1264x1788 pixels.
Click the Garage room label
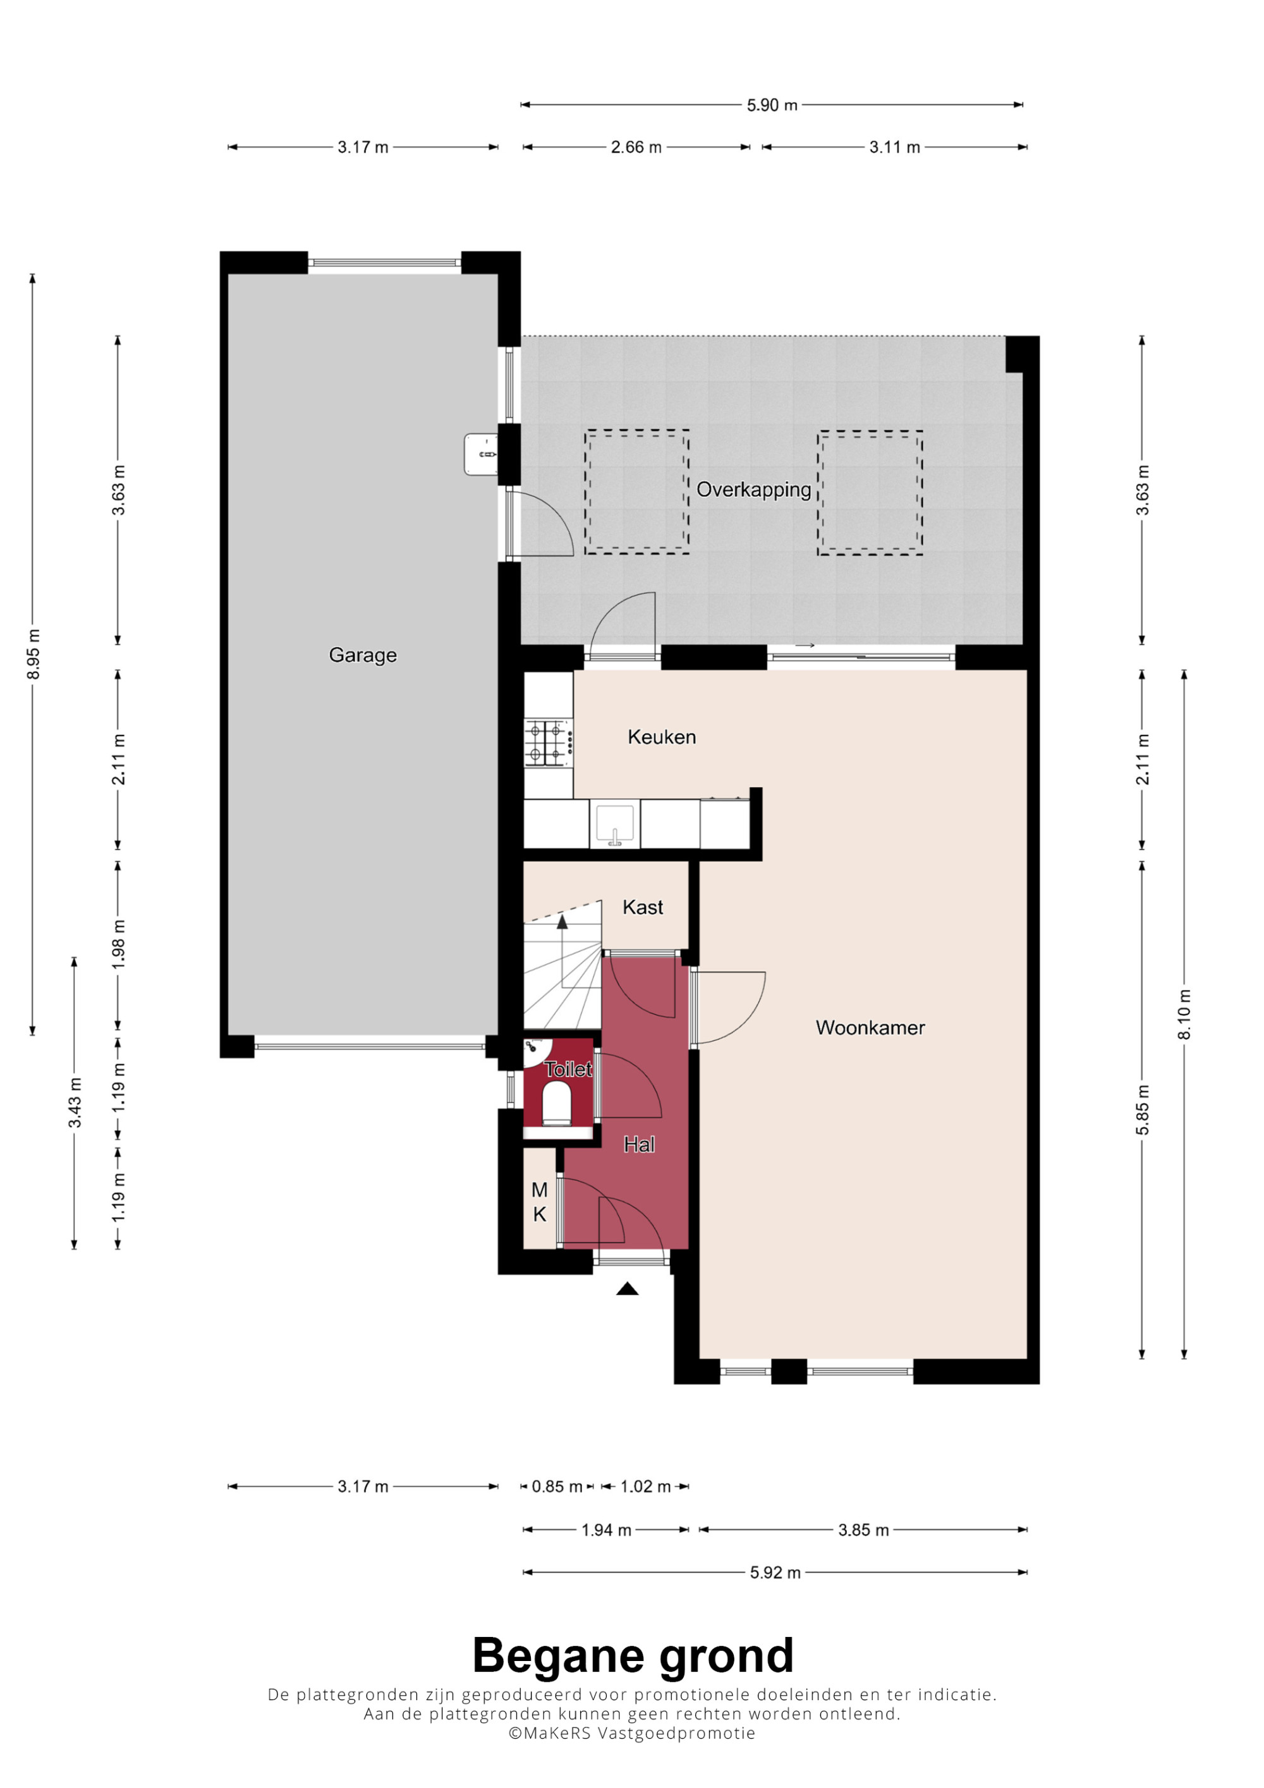[x=362, y=655]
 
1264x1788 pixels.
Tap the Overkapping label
[x=753, y=490]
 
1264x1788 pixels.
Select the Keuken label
[x=661, y=737]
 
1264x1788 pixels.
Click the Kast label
[x=643, y=907]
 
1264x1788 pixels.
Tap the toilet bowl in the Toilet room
[x=557, y=1106]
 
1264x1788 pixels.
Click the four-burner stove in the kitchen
[x=549, y=743]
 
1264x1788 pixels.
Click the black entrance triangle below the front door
[x=627, y=1290]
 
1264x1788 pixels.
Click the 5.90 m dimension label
[x=772, y=105]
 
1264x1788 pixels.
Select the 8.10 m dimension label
[x=1184, y=1015]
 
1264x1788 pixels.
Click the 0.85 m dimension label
[x=557, y=1487]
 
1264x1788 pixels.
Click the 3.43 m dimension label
[x=75, y=1102]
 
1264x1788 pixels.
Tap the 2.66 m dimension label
[x=636, y=147]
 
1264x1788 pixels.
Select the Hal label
[x=640, y=1144]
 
